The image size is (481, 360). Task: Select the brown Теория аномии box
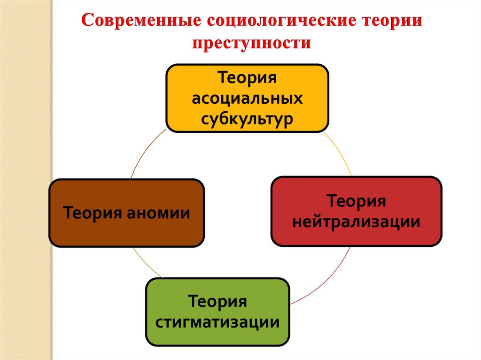pyautogui.click(x=127, y=213)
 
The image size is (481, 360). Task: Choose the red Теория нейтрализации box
pyautogui.click(x=356, y=211)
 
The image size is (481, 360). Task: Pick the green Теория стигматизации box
pyautogui.click(x=217, y=312)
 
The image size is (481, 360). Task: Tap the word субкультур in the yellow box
pyautogui.click(x=248, y=119)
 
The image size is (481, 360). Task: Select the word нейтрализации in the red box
pyautogui.click(x=356, y=222)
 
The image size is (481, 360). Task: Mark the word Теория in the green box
pyautogui.click(x=217, y=301)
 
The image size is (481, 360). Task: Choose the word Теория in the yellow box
pyautogui.click(x=247, y=78)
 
